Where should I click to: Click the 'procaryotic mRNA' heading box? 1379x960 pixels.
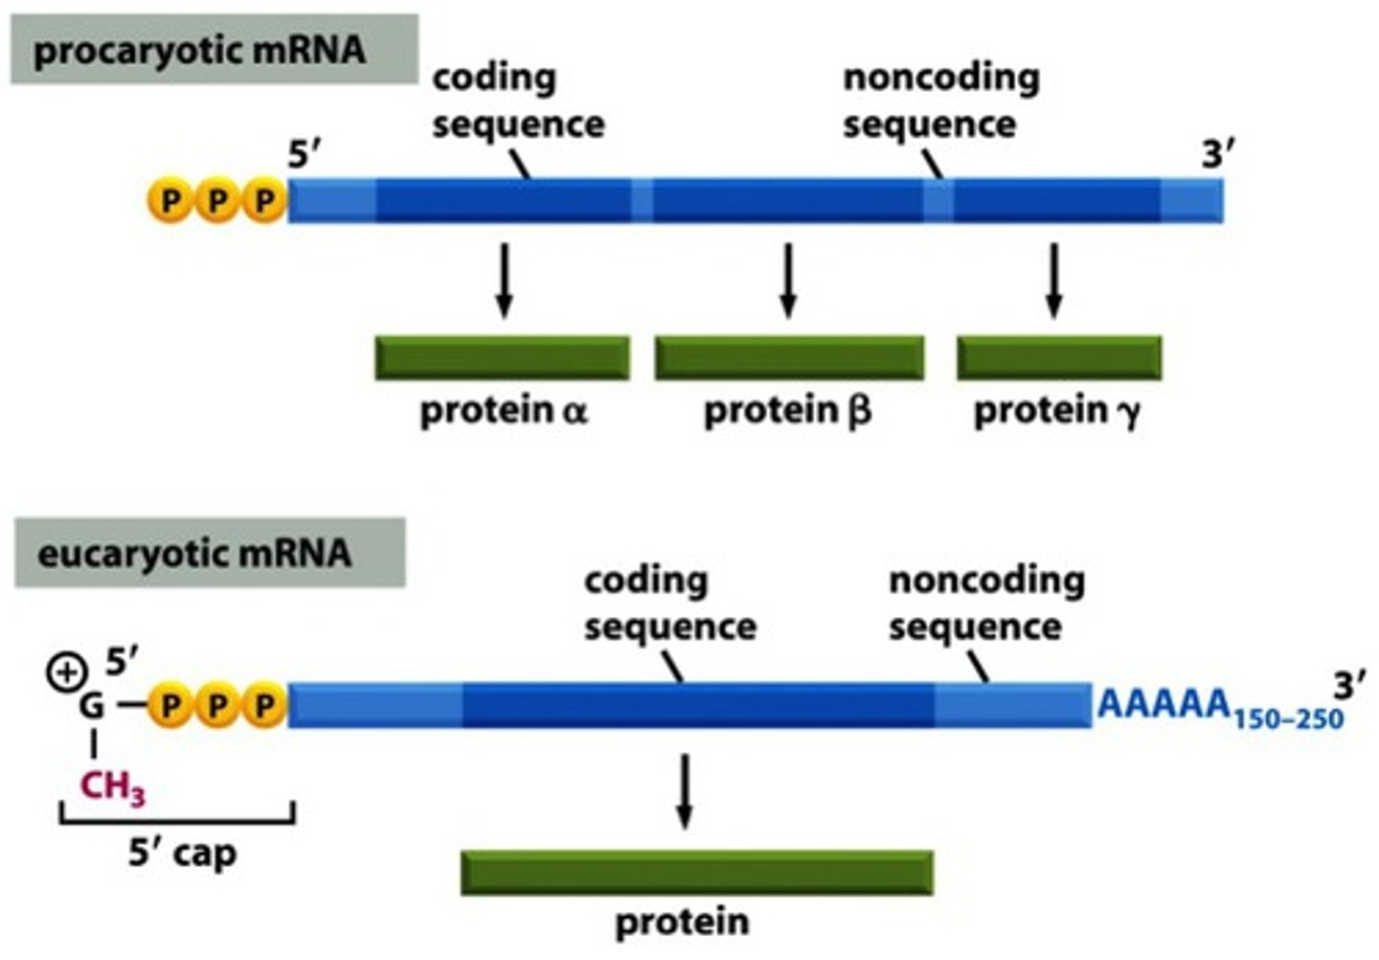tap(213, 50)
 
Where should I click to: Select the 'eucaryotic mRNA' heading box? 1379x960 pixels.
tap(209, 553)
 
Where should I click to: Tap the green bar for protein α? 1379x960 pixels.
tap(502, 358)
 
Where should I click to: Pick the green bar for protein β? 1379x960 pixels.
tap(789, 358)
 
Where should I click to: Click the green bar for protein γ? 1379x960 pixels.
tap(1059, 358)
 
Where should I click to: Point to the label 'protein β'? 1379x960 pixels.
tap(787, 411)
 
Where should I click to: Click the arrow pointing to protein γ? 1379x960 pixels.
tap(1053, 279)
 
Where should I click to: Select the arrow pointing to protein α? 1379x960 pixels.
tap(504, 279)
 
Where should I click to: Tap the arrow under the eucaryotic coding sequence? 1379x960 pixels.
tap(684, 790)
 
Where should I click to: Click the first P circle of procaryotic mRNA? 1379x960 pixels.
tap(170, 201)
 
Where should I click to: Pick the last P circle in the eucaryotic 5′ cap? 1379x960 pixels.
tap(263, 706)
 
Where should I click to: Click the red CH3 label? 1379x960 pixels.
tap(113, 788)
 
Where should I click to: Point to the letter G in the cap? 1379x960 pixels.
tap(92, 707)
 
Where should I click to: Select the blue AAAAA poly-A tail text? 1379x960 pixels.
tap(1163, 705)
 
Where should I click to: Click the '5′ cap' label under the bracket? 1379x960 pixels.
tap(182, 853)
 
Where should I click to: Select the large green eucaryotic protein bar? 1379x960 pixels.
tap(697, 872)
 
